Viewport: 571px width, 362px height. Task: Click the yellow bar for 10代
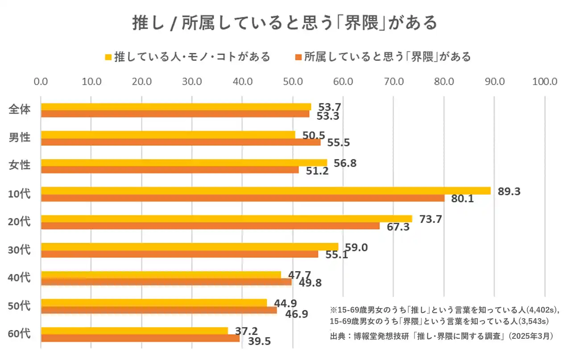265,190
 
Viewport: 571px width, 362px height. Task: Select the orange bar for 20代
210,226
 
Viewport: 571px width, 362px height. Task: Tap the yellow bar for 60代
134,330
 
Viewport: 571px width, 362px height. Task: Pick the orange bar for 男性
181,142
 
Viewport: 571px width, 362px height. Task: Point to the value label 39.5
259,341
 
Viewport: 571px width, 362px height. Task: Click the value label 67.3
397,227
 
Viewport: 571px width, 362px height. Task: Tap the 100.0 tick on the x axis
545,82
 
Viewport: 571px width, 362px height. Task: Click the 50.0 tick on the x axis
293,82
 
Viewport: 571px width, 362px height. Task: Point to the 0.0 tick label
41,82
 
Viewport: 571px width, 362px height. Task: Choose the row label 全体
20,109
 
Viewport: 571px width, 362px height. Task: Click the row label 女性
20,165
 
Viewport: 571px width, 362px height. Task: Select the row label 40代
20,277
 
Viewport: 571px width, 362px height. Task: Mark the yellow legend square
108,57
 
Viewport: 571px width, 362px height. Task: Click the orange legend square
298,57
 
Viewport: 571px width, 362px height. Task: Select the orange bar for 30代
179,254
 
